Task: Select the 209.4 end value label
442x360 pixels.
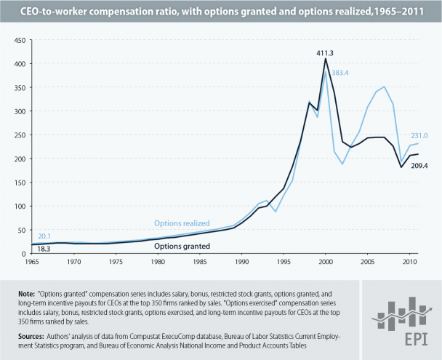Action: point(422,167)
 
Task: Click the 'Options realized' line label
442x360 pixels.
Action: point(181,223)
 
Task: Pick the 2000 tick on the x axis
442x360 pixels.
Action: point(326,260)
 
